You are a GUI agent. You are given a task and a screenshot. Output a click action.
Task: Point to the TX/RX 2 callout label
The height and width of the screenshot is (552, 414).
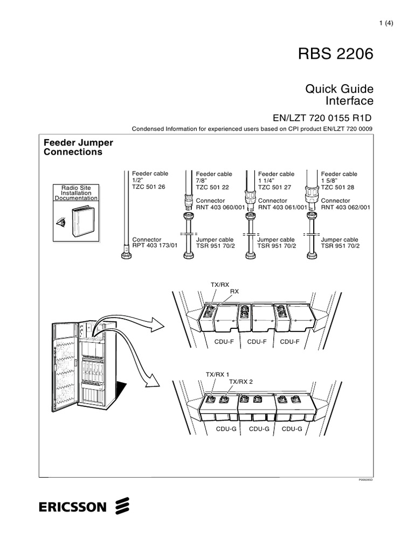click(x=241, y=381)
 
